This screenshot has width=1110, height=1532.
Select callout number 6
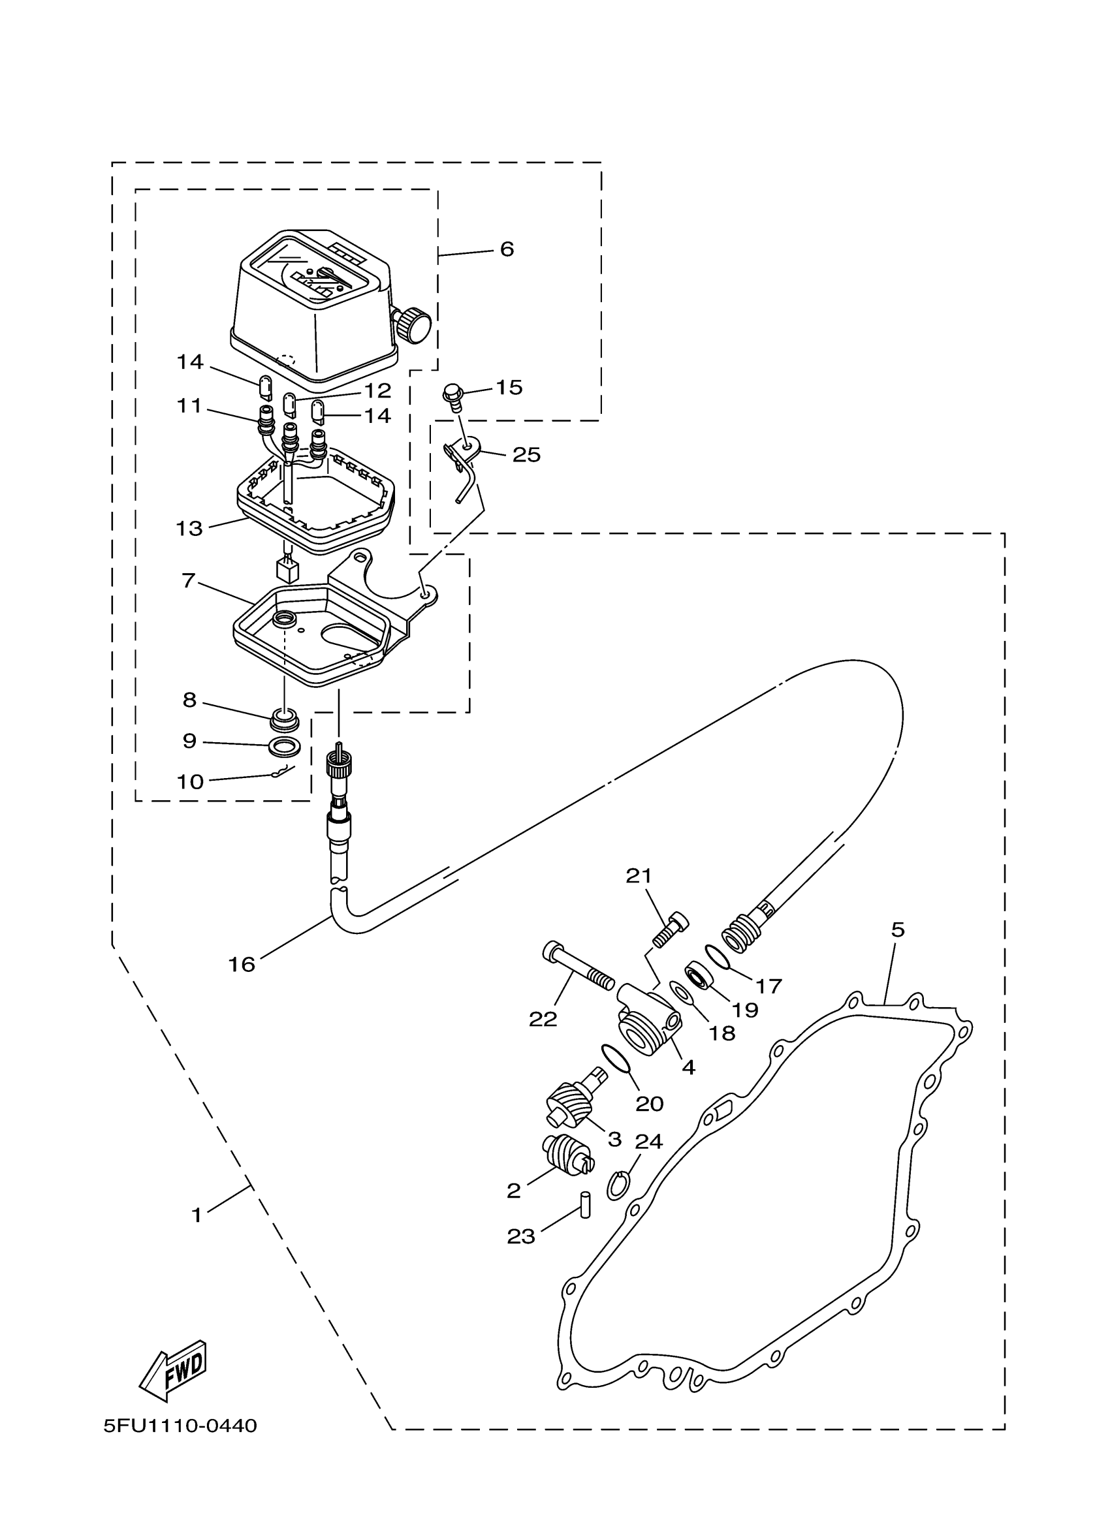pos(507,249)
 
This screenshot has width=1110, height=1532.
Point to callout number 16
pos(241,965)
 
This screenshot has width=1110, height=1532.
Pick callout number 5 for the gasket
pos(897,930)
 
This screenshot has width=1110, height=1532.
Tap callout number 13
pos(189,528)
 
